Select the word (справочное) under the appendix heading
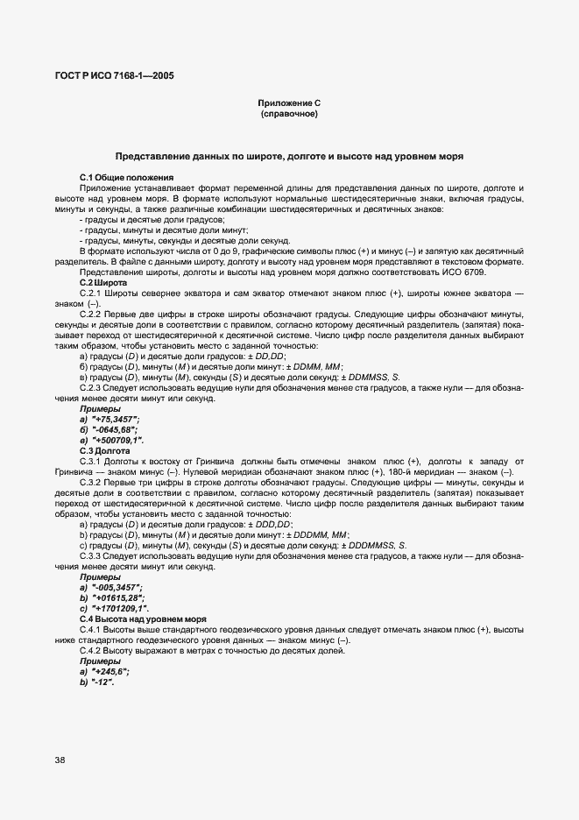point(288,115)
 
